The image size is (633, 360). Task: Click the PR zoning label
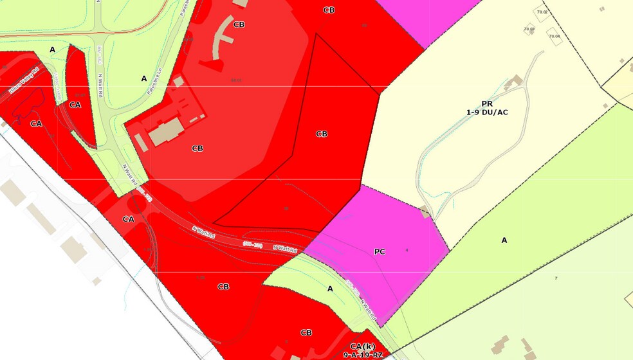(487, 103)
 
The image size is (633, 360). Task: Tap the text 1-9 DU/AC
(487, 112)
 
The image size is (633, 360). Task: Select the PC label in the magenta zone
(380, 251)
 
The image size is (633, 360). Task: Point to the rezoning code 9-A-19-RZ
(362, 355)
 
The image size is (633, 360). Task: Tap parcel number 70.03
(529, 28)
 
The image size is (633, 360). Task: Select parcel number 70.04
(555, 36)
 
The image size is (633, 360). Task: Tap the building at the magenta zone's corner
(425, 212)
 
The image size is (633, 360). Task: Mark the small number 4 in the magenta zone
(407, 249)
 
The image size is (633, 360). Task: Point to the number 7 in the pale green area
(555, 278)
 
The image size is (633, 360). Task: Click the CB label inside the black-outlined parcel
(322, 134)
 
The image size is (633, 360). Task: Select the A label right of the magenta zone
(504, 240)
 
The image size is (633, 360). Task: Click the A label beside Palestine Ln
(144, 78)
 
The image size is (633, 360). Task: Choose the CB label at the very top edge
(329, 10)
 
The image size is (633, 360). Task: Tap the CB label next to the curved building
(239, 24)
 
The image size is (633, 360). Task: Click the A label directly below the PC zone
(330, 289)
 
